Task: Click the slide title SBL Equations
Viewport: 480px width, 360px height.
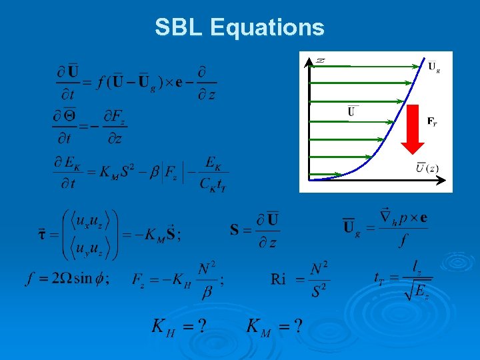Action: click(239, 27)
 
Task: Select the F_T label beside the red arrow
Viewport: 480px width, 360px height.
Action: click(433, 121)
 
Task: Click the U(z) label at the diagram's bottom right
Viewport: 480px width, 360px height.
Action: click(428, 167)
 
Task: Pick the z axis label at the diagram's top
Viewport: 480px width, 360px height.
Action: click(321, 61)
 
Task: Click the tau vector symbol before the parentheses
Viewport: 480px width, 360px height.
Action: click(42, 234)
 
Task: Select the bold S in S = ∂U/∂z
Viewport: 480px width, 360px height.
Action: click(235, 231)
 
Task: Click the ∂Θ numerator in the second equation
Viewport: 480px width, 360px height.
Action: click(64, 116)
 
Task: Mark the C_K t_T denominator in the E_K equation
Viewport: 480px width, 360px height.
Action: click(213, 184)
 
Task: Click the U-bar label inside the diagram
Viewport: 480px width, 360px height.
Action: click(351, 112)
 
